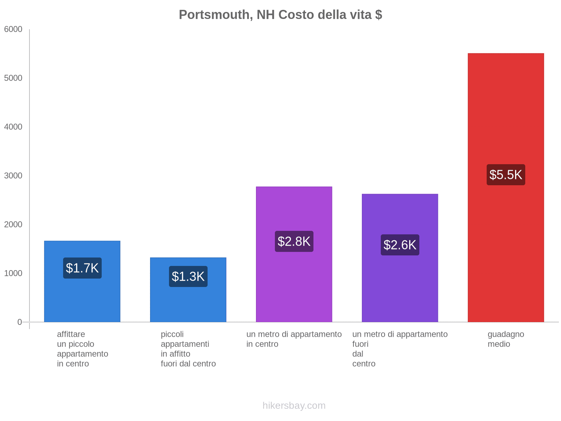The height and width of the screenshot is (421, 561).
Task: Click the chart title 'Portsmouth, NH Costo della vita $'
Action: point(280,15)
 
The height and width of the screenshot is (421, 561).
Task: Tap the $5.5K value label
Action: point(506,175)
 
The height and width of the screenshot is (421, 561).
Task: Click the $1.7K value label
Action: point(82,268)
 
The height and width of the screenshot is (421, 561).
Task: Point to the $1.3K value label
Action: point(188,276)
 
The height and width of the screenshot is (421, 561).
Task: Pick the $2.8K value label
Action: point(294,241)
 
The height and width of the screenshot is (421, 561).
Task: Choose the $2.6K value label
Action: point(400,245)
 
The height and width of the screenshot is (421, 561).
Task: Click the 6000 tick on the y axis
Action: point(13,29)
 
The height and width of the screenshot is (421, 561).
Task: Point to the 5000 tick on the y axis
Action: point(13,78)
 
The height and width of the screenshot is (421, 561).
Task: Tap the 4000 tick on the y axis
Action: point(13,127)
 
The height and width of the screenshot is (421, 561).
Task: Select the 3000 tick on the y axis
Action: point(13,176)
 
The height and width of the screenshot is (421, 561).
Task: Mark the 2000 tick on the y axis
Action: point(13,225)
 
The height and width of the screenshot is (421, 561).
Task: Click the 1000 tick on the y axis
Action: point(13,273)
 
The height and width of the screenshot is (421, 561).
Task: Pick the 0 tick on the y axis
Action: point(20,322)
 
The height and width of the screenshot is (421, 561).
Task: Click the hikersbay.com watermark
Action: point(294,406)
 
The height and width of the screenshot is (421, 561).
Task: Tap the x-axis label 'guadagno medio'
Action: point(506,339)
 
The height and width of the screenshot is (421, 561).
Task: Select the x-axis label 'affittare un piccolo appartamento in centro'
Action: point(82,349)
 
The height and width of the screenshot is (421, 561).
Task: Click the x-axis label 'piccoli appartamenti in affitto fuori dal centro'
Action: point(188,349)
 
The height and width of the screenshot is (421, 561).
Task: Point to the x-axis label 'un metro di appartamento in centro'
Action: point(294,339)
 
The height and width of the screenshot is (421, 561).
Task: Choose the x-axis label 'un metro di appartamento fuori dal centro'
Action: point(400,349)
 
